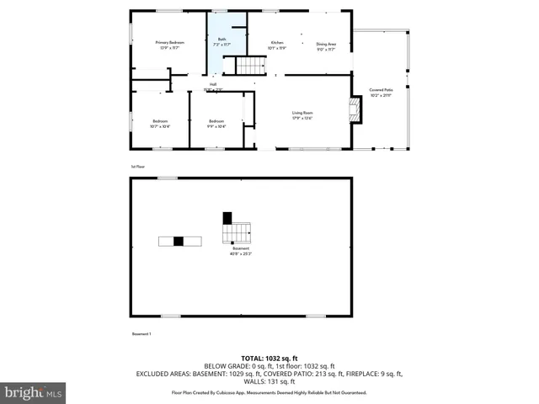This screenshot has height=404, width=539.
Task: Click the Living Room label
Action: [302, 114]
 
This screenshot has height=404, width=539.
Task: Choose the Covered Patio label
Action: [382, 91]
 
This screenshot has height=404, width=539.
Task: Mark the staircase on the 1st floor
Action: [248, 66]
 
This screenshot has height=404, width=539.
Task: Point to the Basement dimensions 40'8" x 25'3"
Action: [242, 252]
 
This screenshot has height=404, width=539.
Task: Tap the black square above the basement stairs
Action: [227, 217]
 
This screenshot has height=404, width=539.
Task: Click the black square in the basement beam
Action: [179, 242]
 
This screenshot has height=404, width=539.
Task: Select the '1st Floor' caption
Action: [138, 167]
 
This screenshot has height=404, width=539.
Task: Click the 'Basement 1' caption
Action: [141, 334]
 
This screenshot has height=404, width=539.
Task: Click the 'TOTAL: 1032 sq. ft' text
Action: [269, 357]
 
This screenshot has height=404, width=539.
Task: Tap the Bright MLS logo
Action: [34, 392]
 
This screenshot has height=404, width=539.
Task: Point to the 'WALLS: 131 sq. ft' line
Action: [269, 382]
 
